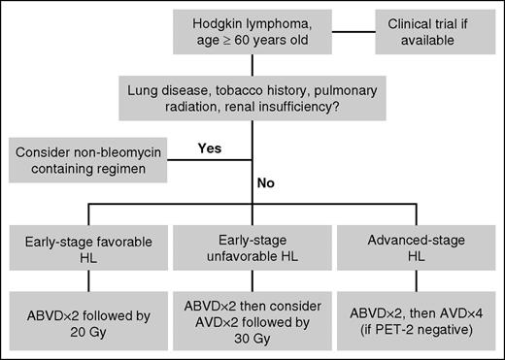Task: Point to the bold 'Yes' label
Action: click(210, 147)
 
